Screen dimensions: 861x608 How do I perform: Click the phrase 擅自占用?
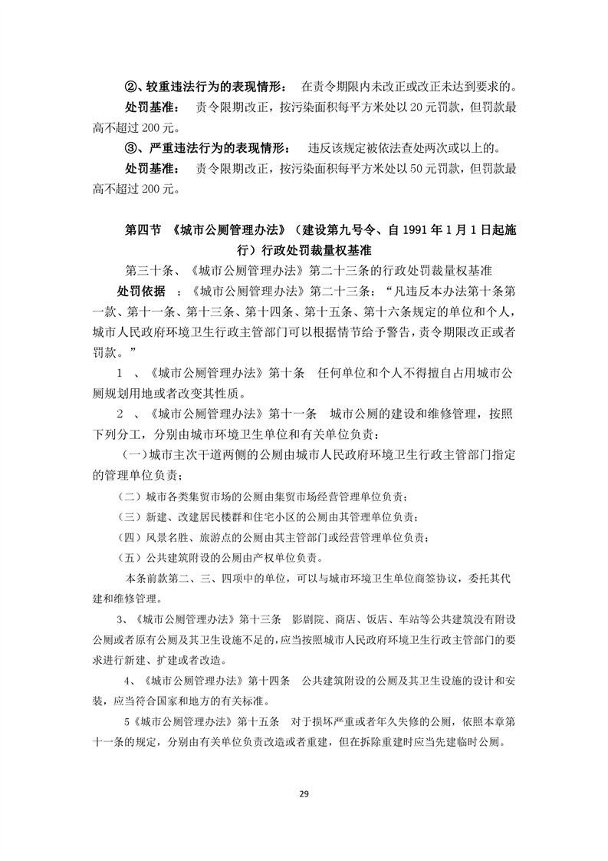(432, 373)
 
